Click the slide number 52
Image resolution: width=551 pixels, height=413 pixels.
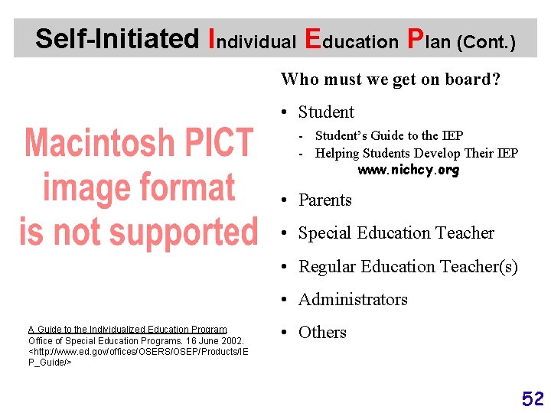pos(533,398)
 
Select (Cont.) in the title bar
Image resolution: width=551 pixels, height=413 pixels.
pos(485,41)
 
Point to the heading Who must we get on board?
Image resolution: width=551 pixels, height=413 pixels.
pos(390,79)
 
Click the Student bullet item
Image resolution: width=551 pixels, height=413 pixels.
pos(326,112)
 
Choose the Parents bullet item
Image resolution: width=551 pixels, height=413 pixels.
pos(324,200)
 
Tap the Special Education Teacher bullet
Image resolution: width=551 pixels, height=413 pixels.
pos(396,233)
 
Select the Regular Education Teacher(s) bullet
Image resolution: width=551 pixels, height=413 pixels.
pos(408,267)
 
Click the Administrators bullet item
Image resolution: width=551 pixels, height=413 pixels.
pos(353,300)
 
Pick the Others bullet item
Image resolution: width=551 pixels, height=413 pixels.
pos(322,333)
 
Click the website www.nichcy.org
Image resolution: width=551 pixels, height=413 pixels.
pos(409,170)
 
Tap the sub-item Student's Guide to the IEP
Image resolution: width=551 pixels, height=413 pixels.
pos(389,135)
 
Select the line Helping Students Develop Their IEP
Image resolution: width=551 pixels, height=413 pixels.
pos(416,153)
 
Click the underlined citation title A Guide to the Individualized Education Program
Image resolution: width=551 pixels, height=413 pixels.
pos(127,330)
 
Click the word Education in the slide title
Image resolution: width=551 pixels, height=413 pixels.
pos(351,39)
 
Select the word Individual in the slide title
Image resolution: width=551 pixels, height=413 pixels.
pos(252,39)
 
